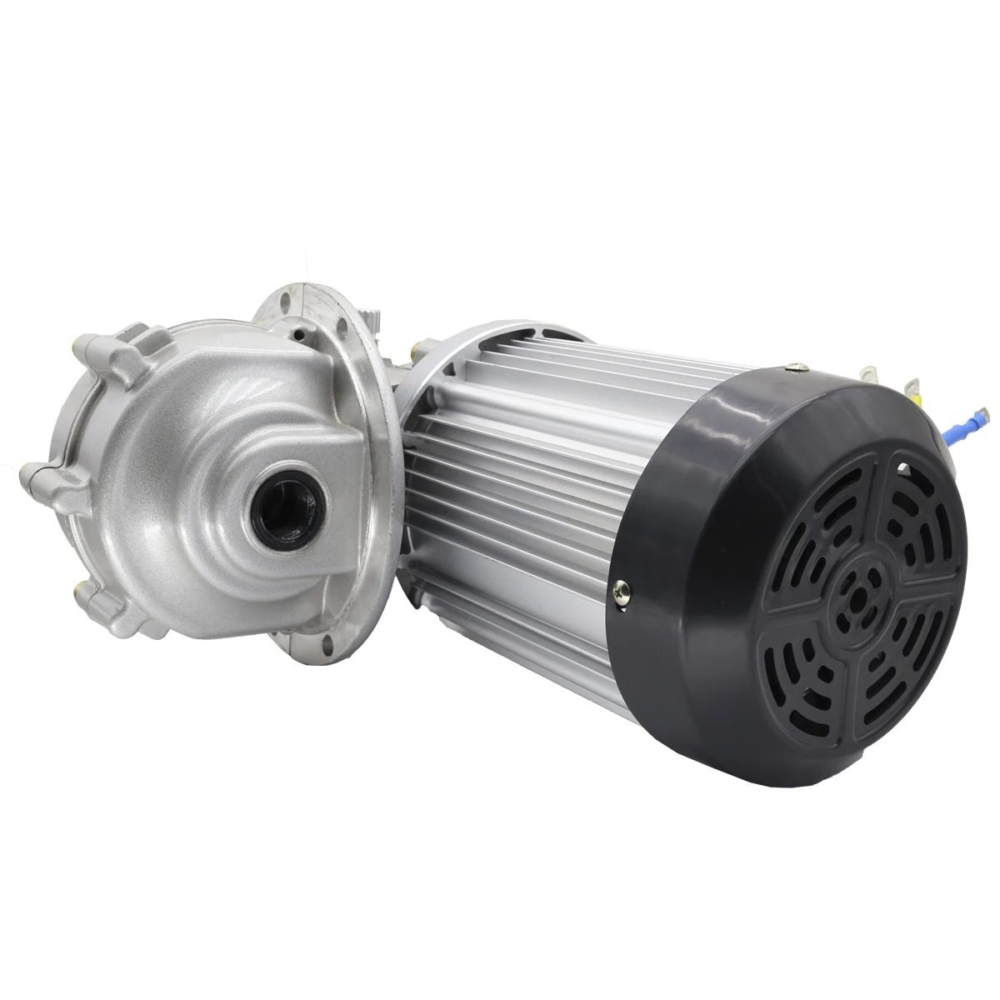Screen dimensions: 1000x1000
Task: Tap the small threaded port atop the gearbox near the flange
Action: click(x=298, y=333)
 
